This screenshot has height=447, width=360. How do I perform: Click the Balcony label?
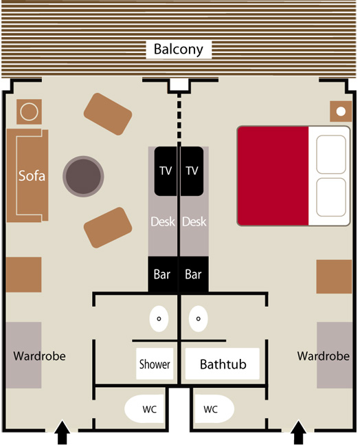179,50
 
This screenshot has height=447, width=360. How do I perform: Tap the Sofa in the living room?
27,175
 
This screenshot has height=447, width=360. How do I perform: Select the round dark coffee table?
83,176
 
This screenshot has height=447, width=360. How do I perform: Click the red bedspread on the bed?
273,176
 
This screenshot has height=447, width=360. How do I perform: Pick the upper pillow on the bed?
331,154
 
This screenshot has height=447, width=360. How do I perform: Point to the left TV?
166,171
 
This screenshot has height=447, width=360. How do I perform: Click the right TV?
192,171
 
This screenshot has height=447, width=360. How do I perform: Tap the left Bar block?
163,274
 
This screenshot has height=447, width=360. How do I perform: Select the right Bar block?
193,274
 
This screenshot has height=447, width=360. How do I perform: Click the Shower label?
155,364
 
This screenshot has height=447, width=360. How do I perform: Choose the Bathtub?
223,364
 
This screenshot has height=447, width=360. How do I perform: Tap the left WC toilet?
145,408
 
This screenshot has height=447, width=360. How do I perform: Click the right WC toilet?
214,408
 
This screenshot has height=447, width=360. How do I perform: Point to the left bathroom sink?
159,318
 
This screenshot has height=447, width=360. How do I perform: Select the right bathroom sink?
199,318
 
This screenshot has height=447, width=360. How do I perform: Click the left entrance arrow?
62,432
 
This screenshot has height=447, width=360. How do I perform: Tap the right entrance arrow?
299,432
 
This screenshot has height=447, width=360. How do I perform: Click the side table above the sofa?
29,111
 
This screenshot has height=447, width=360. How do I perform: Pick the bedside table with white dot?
341,111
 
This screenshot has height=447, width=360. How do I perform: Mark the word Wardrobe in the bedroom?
324,356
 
